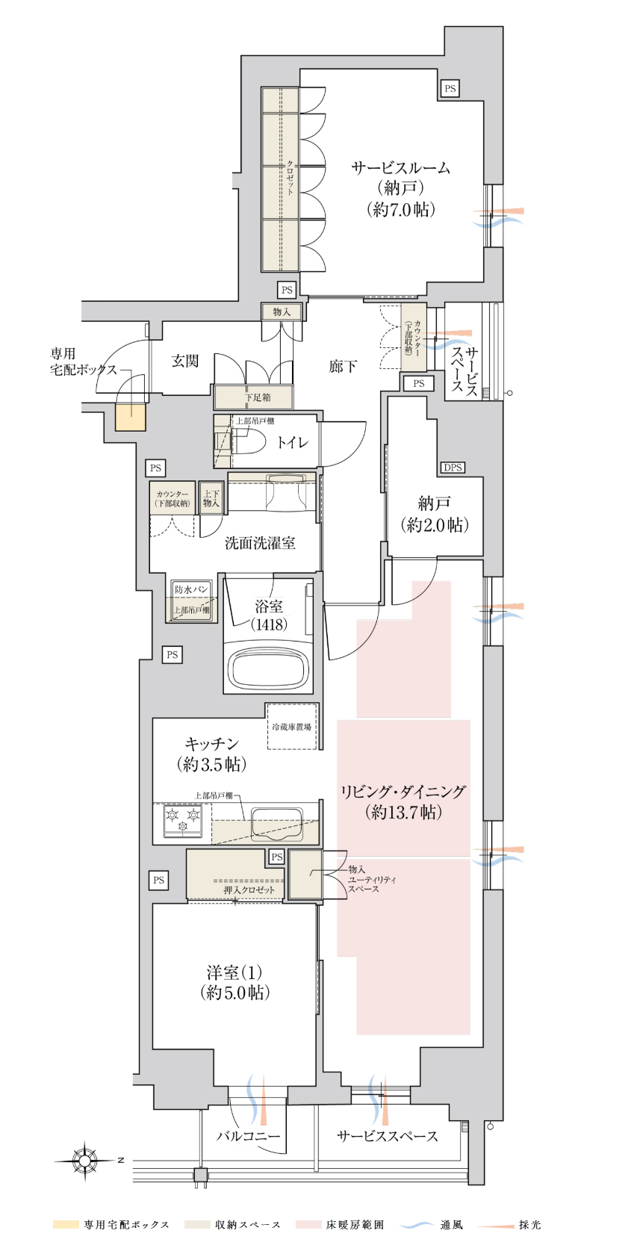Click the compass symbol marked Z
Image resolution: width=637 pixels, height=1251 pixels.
[x=85, y=1161]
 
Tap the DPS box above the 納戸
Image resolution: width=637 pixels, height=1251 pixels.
[x=453, y=468]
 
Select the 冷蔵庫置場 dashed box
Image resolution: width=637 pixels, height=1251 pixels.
[x=292, y=727]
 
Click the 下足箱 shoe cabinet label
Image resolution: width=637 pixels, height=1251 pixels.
[x=258, y=397]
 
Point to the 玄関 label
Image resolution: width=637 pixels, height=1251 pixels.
[x=184, y=361]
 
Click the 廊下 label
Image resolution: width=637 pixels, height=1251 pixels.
[x=343, y=367]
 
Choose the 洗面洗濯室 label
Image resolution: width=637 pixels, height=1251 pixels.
[x=260, y=543]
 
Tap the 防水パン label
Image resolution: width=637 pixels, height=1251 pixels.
[x=191, y=589]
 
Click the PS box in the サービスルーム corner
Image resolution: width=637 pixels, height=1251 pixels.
[x=450, y=88]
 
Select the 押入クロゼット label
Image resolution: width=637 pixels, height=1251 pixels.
[x=249, y=890]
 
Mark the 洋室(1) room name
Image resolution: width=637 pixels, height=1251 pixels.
[x=234, y=973]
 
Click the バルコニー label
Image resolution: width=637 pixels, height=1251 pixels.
[x=249, y=1136]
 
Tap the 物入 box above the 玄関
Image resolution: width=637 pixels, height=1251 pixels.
[x=282, y=312]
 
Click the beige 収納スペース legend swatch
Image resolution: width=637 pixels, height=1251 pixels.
[x=196, y=1225]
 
